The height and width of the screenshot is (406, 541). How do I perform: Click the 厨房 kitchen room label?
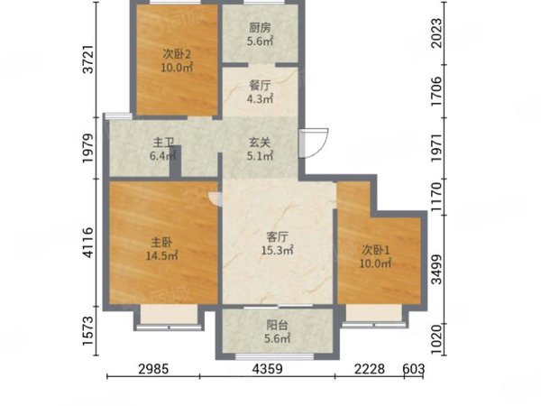click(x=260, y=28)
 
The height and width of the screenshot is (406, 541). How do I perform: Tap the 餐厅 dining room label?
click(x=260, y=86)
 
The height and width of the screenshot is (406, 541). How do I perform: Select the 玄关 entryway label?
click(x=260, y=143)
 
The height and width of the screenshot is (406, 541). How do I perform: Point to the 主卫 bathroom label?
click(x=163, y=143)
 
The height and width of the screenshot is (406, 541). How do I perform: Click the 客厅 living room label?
click(x=277, y=236)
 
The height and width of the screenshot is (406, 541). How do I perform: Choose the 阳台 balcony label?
click(x=277, y=325)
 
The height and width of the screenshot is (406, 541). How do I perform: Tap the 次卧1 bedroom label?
click(x=376, y=250)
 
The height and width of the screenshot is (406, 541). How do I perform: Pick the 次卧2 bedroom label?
click(x=177, y=54)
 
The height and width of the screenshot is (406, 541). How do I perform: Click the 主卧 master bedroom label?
click(x=161, y=243)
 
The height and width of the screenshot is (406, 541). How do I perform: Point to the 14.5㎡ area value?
click(x=161, y=256)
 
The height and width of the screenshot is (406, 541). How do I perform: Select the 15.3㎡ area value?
click(x=277, y=250)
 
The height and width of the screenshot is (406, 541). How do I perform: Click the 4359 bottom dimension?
click(x=268, y=369)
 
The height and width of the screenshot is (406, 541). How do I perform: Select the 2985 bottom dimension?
click(x=153, y=369)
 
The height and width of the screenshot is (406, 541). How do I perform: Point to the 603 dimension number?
click(x=414, y=369)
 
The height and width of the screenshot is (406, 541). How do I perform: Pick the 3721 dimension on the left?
click(x=88, y=59)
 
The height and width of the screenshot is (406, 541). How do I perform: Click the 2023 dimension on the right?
click(x=436, y=33)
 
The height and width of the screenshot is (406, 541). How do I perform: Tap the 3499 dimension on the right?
click(x=436, y=270)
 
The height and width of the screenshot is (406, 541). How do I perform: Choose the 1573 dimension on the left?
click(x=88, y=330)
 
